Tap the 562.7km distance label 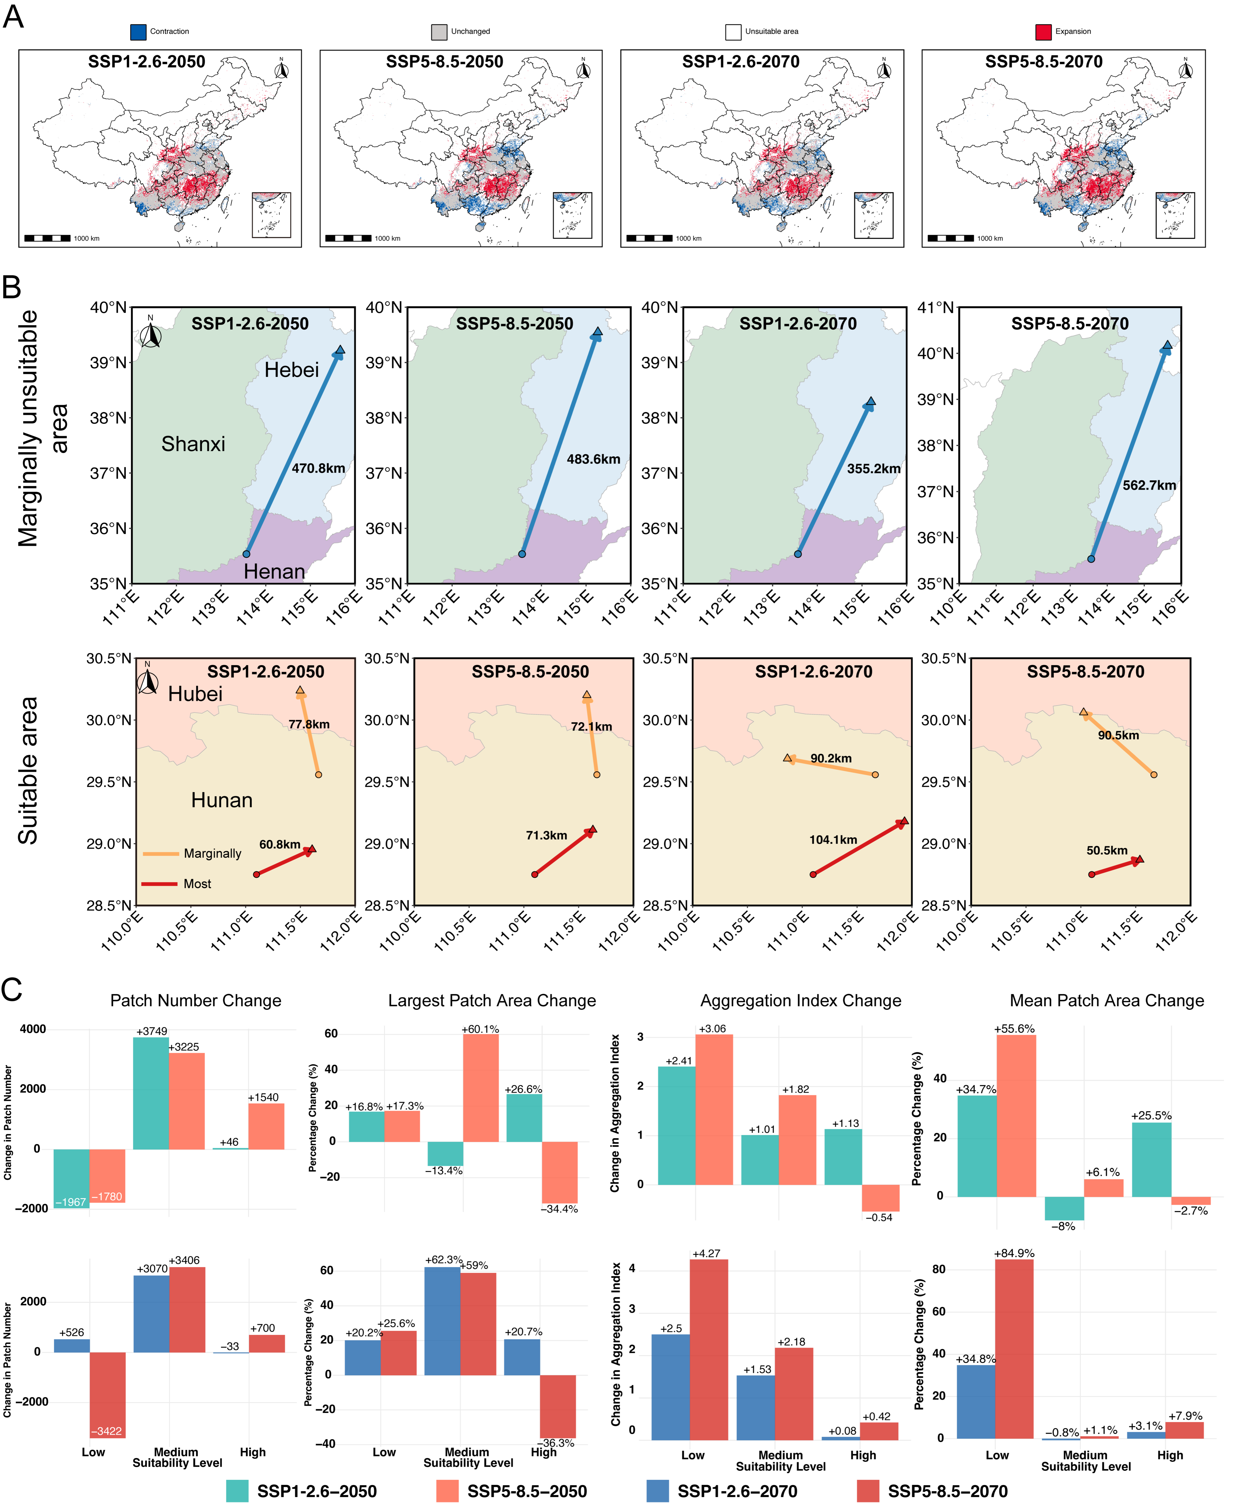coord(1149,485)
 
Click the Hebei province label coord(291,370)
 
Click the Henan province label coord(274,571)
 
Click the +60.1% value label coord(480,1029)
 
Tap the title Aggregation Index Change coord(800,1000)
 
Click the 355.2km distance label coord(873,469)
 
